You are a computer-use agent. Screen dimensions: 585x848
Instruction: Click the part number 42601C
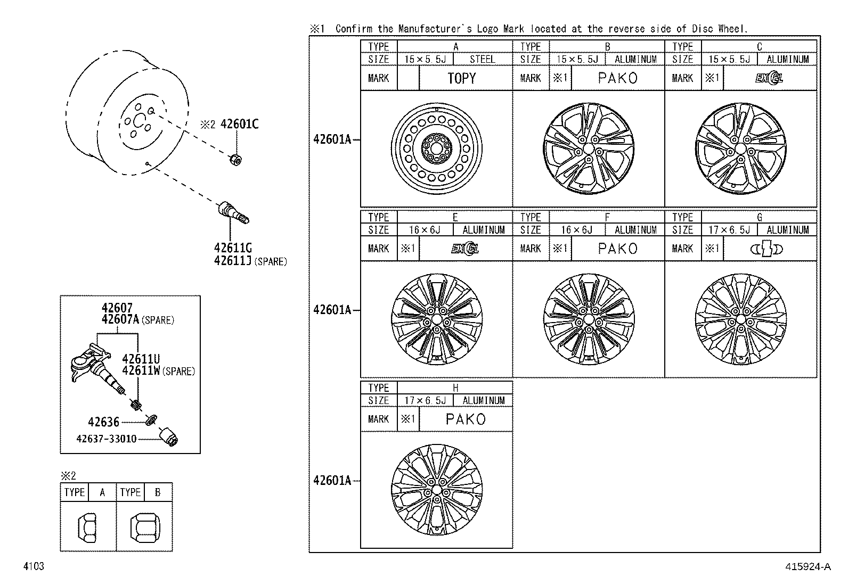pos(239,125)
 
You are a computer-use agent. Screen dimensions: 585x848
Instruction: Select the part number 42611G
pos(233,248)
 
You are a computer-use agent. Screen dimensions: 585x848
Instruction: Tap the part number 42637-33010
pos(107,439)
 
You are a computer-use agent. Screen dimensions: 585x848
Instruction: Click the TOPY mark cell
pos(461,78)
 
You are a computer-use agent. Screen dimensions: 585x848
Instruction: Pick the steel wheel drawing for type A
pos(436,149)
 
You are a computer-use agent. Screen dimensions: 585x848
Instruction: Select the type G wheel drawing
pos(740,319)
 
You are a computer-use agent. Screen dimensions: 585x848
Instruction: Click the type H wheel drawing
pos(436,490)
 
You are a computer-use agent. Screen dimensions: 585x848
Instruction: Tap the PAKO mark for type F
pos(617,249)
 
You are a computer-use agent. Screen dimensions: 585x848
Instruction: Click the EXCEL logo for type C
pos(769,78)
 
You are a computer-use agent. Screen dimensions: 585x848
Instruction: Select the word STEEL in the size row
pos(482,60)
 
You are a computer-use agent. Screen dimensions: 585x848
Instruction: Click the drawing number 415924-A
pos(808,567)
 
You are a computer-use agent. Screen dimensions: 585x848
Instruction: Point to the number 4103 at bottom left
pos(33,566)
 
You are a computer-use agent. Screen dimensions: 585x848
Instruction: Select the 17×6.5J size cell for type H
pos(425,400)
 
